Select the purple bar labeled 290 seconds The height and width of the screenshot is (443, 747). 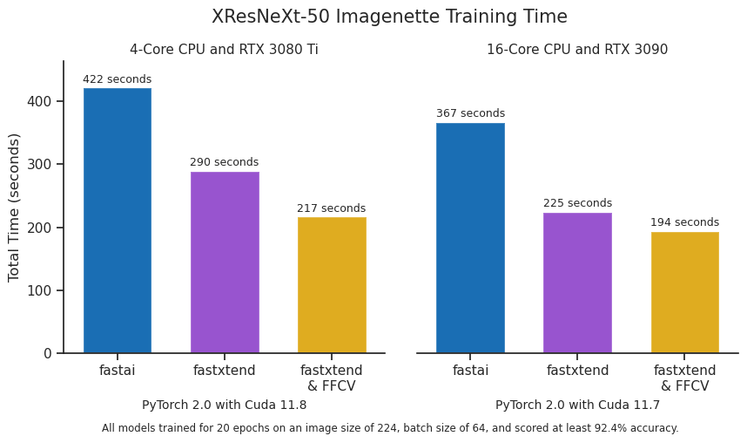coord(225,262)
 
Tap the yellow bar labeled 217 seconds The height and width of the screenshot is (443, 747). coord(332,285)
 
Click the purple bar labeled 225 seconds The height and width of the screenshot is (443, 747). coord(577,283)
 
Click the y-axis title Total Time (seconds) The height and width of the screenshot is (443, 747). coord(14,208)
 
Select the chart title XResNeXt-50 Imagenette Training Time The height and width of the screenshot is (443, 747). coord(389,17)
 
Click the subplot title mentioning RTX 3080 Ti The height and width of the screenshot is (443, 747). coord(224,50)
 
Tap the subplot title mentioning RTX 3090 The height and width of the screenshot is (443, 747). coord(577,50)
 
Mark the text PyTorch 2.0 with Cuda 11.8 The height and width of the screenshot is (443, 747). coord(224,405)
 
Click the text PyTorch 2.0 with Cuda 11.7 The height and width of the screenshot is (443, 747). coord(577,405)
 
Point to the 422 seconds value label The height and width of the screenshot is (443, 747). coord(117,79)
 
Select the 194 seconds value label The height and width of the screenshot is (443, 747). coord(684,222)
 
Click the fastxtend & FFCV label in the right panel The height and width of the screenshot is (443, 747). coord(684,378)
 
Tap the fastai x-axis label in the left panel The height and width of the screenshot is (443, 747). coord(117,371)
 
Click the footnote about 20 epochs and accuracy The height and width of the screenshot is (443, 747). coord(389,428)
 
